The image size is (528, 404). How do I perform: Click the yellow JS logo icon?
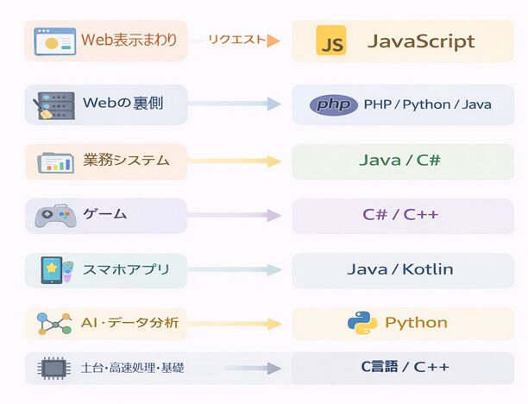point(331,41)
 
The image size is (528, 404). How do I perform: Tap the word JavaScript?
point(421,41)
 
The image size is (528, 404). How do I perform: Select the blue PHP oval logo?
point(333,104)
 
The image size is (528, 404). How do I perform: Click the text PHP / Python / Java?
point(427,104)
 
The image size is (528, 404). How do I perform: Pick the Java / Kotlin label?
point(399,269)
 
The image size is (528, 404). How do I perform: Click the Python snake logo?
point(362,323)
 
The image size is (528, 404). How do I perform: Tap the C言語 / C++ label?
point(405,367)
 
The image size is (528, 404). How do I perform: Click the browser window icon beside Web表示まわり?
point(54,41)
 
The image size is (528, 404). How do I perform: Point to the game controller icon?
point(54,216)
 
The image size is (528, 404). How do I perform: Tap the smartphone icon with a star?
point(54,270)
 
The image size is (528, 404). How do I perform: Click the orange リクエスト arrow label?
point(238,40)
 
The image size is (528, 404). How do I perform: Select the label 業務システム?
point(126,161)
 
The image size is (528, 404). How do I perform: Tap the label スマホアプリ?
point(127,269)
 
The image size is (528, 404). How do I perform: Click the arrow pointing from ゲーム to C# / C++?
point(234,216)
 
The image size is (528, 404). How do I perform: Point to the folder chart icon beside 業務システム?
point(55,161)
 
